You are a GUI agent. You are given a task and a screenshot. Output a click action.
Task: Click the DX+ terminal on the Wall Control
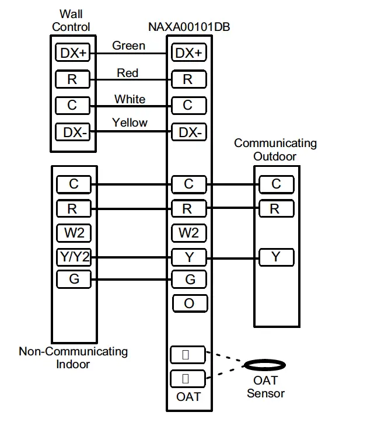click(x=74, y=53)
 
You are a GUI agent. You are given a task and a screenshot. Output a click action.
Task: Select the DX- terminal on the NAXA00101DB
click(x=189, y=132)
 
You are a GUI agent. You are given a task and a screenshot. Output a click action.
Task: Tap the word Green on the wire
click(x=129, y=46)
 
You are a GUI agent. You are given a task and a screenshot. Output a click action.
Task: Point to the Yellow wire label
click(x=130, y=123)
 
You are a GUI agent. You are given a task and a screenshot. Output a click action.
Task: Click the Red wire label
click(x=128, y=73)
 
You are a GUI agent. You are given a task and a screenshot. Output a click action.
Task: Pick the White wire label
click(x=130, y=99)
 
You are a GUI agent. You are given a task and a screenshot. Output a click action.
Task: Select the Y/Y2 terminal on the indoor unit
click(x=74, y=257)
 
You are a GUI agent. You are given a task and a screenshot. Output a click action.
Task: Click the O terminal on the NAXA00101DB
click(x=189, y=303)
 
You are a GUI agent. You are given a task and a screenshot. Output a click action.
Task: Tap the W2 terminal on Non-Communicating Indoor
click(x=74, y=233)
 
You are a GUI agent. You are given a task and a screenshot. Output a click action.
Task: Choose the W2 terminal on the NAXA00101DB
click(x=189, y=233)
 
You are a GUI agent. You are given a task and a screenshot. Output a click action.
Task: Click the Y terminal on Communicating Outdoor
click(x=276, y=257)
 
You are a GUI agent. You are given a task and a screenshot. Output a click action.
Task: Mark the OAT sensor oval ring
click(x=265, y=365)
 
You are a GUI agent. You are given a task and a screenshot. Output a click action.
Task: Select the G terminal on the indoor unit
click(x=74, y=279)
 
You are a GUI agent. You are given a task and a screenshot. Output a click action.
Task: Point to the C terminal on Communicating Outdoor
click(x=276, y=184)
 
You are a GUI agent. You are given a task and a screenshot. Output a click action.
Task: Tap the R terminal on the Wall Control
click(x=74, y=79)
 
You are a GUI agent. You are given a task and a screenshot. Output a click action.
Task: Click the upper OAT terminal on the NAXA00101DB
click(x=187, y=354)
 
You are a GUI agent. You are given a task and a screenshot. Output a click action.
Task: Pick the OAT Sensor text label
click(x=265, y=387)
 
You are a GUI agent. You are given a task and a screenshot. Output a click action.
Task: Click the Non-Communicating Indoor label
click(x=74, y=357)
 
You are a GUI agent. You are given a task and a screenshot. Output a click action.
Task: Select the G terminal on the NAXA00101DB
click(x=189, y=280)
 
